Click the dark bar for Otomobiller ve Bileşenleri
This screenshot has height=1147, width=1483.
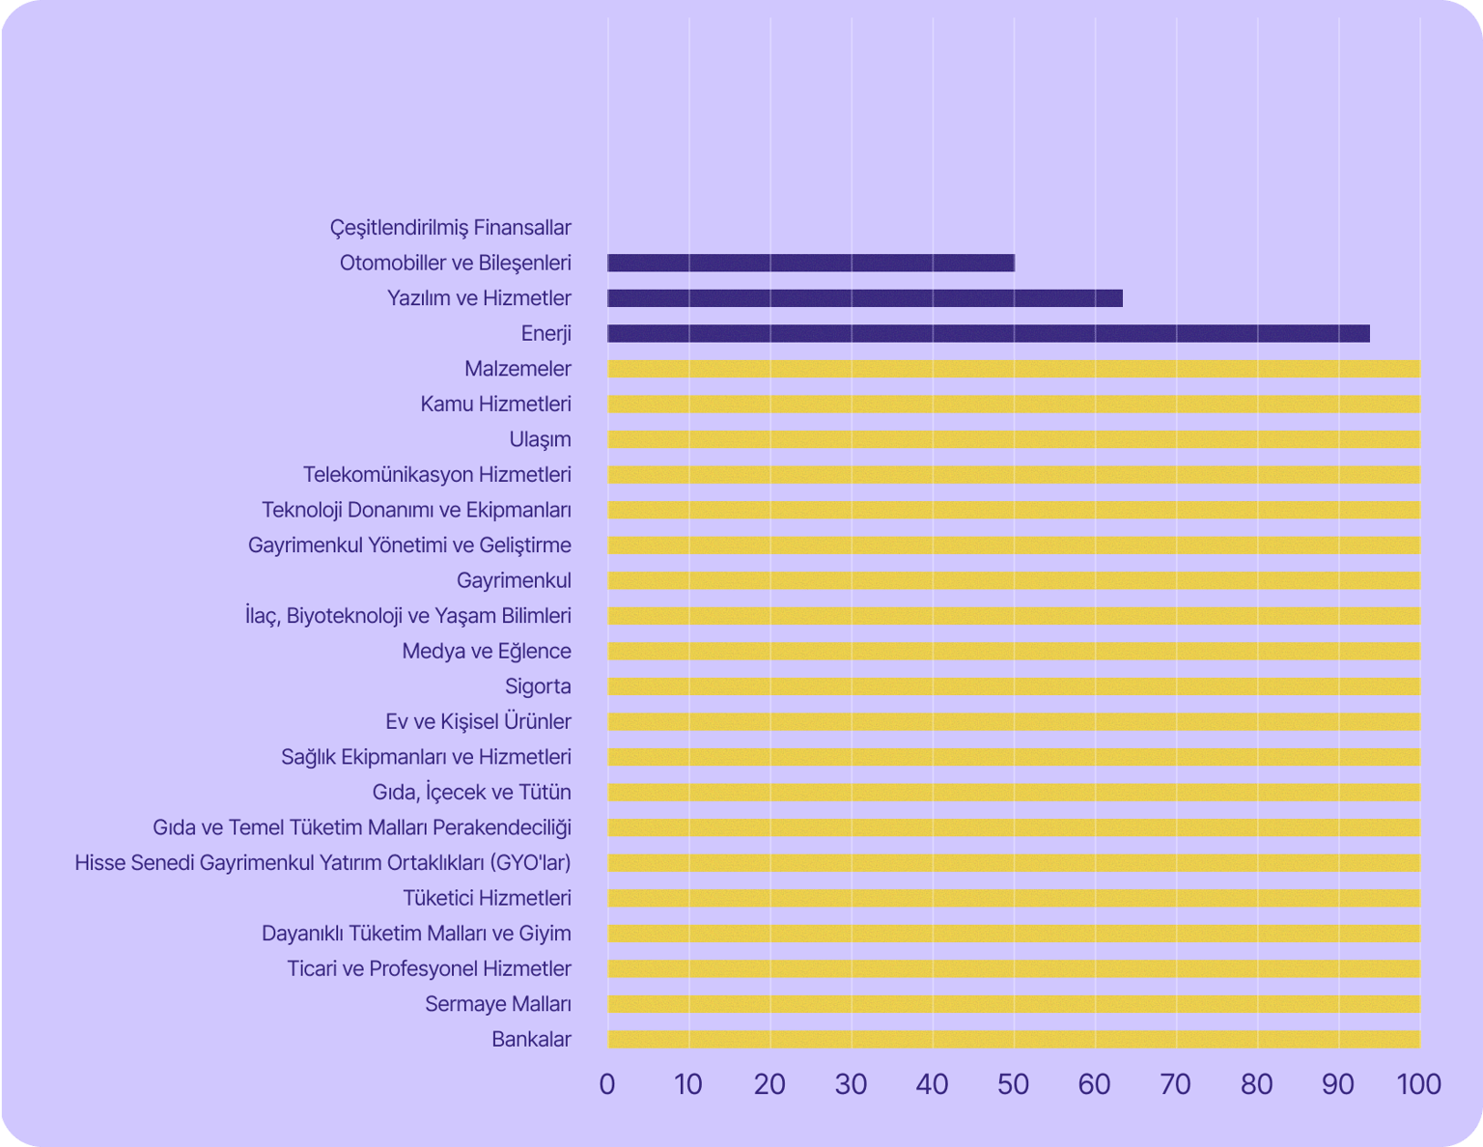pyautogui.click(x=811, y=263)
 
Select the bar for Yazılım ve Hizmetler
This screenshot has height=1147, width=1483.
pyautogui.click(x=865, y=298)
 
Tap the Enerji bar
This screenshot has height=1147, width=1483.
pyautogui.click(x=989, y=334)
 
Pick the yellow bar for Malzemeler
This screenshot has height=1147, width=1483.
pyautogui.click(x=1014, y=369)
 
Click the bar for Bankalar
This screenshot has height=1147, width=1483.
pyautogui.click(x=1014, y=1040)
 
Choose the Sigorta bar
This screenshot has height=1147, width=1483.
pyautogui.click(x=1014, y=686)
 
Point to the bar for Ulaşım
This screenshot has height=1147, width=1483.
pyautogui.click(x=1014, y=439)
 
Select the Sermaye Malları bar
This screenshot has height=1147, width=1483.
pyautogui.click(x=1014, y=1004)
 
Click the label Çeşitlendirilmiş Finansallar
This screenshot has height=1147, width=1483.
pyautogui.click(x=450, y=228)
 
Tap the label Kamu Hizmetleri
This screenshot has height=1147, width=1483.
pyautogui.click(x=495, y=404)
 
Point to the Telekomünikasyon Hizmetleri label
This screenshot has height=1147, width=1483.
pyautogui.click(x=436, y=474)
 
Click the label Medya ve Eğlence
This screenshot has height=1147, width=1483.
pyautogui.click(x=487, y=651)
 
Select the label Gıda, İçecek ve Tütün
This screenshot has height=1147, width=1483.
pyautogui.click(x=471, y=792)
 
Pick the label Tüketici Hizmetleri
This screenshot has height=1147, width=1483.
pyautogui.click(x=487, y=898)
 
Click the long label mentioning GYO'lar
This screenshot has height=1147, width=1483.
pyautogui.click(x=322, y=862)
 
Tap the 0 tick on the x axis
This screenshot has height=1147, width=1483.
pyautogui.click(x=607, y=1084)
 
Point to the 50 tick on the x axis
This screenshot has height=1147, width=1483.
pyautogui.click(x=1014, y=1084)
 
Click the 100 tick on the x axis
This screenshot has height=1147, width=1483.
pyautogui.click(x=1419, y=1084)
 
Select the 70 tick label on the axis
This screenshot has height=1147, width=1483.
pyautogui.click(x=1176, y=1084)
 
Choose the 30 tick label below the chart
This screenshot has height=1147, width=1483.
pyautogui.click(x=851, y=1084)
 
